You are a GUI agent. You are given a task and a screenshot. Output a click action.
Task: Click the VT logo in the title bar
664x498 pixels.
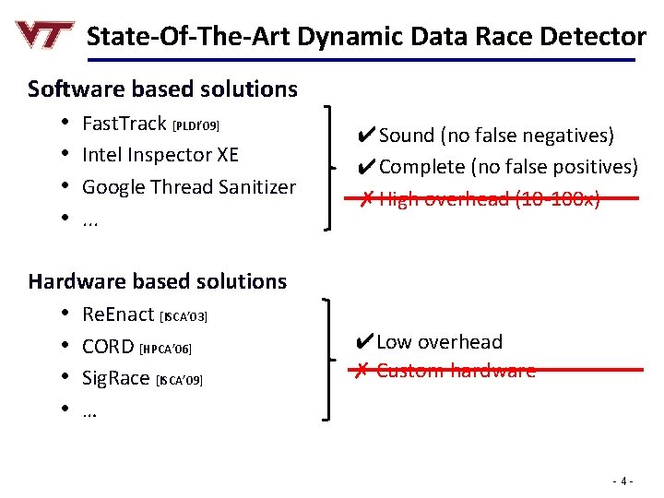tap(44, 35)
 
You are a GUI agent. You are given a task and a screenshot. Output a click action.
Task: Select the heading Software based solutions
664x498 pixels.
tap(162, 89)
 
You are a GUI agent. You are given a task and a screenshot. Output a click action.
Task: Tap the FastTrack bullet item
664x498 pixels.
tap(125, 123)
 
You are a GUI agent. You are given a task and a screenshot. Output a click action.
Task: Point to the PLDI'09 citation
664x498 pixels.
tap(195, 125)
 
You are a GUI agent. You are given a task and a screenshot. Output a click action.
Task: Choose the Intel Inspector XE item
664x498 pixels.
tap(160, 154)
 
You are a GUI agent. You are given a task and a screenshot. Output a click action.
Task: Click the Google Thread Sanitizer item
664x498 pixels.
tap(189, 186)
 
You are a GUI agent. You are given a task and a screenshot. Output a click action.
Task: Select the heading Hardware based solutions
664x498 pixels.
tap(157, 280)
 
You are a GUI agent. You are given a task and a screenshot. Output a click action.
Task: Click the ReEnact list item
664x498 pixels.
tap(118, 314)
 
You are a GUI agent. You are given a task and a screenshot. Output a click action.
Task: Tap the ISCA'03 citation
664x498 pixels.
tap(184, 316)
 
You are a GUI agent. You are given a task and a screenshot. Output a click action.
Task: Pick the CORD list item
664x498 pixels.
tap(108, 346)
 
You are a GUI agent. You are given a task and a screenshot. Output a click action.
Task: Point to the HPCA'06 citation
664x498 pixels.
tap(166, 349)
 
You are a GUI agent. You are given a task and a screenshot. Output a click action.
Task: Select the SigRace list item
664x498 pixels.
tap(117, 378)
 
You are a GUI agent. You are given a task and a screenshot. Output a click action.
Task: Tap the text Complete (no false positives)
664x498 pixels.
tap(508, 167)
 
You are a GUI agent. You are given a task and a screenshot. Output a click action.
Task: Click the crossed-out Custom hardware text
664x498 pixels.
tap(456, 371)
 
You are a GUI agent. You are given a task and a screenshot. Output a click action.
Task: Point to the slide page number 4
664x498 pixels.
tap(623, 480)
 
